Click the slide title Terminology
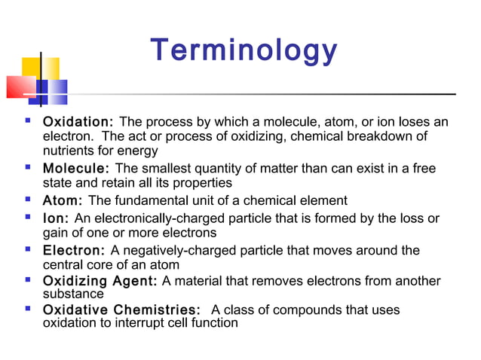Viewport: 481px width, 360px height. point(244,51)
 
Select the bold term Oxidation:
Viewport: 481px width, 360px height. point(78,122)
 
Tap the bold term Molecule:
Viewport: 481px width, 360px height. point(75,169)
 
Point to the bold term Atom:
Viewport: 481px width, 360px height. point(63,201)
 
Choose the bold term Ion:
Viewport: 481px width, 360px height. point(56,219)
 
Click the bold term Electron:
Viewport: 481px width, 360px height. point(74,251)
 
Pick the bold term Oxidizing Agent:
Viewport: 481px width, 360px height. point(100,281)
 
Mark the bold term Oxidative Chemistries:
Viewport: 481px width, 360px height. point(121,310)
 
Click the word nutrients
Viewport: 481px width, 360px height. point(69,151)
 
